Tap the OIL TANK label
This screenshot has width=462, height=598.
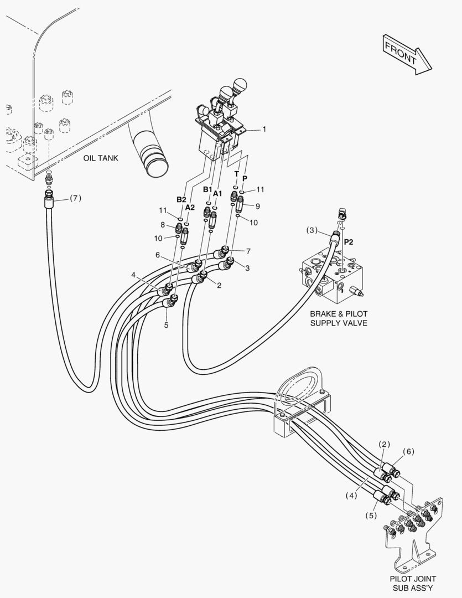(x=101, y=158)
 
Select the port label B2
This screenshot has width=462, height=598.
(x=181, y=199)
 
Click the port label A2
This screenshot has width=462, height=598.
(x=190, y=207)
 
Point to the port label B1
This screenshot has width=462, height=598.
(x=207, y=189)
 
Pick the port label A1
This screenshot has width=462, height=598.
(x=217, y=194)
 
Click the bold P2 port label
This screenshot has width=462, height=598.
(x=349, y=242)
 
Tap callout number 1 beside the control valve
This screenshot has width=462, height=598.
(x=264, y=129)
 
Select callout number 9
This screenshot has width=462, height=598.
(x=257, y=206)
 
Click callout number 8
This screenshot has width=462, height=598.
(x=163, y=225)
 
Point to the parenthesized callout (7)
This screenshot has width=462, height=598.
(x=75, y=198)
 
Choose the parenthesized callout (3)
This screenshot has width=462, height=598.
(x=313, y=230)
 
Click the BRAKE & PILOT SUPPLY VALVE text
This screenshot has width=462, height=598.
(x=339, y=318)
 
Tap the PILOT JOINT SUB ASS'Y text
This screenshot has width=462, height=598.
(x=413, y=583)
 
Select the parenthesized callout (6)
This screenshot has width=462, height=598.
(x=408, y=451)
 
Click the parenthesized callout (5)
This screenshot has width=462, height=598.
(x=371, y=515)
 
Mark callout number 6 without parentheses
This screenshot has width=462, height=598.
(x=158, y=255)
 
